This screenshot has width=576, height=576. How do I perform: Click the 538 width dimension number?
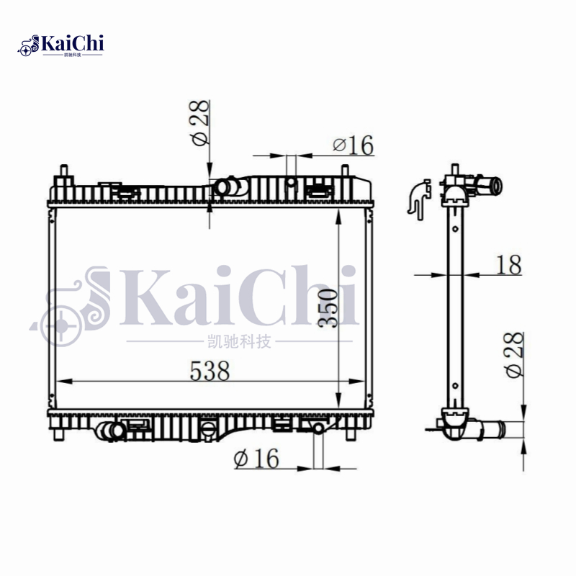click(x=209, y=371)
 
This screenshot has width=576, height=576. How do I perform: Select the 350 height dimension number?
click(x=328, y=307)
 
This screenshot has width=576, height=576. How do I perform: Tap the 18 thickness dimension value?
click(x=508, y=265)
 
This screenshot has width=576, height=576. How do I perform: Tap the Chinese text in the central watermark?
click(x=237, y=341)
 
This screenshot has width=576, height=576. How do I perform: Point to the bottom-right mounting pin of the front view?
click(x=351, y=434)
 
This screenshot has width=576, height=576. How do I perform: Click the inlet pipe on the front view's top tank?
click(x=228, y=187)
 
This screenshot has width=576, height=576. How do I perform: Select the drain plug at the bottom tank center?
click(x=207, y=430)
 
